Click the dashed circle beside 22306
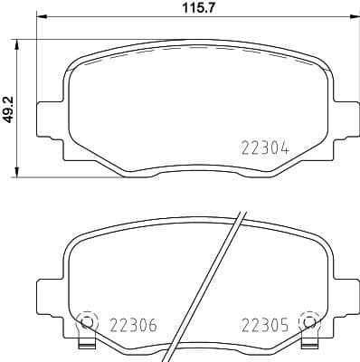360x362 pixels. (x=88, y=320)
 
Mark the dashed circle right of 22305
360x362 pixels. (x=309, y=320)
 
